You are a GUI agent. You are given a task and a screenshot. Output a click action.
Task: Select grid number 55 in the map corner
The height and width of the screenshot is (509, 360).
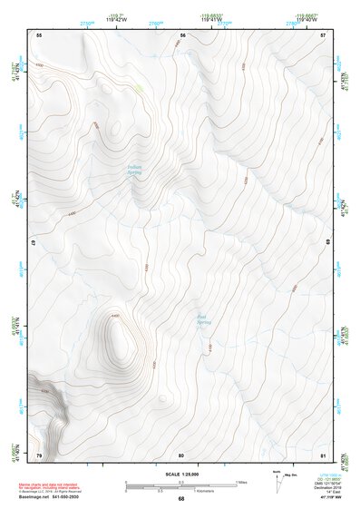click(39, 35)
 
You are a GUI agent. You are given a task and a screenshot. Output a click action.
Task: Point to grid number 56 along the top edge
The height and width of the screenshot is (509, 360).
click(182, 35)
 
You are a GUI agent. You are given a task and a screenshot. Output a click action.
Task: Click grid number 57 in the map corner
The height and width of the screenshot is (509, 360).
click(323, 35)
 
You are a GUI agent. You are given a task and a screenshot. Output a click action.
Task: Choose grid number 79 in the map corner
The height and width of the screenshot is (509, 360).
click(39, 455)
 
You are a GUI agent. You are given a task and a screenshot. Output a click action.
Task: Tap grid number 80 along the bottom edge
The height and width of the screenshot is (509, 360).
click(181, 455)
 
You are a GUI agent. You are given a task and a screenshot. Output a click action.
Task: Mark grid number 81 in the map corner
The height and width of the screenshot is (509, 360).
click(323, 455)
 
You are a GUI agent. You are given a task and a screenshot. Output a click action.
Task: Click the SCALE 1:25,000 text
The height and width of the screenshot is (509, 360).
click(180, 474)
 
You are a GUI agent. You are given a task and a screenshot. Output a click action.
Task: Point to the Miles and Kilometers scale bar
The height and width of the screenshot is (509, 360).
click(180, 485)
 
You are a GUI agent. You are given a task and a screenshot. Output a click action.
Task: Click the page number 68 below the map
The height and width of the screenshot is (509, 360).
click(180, 499)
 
